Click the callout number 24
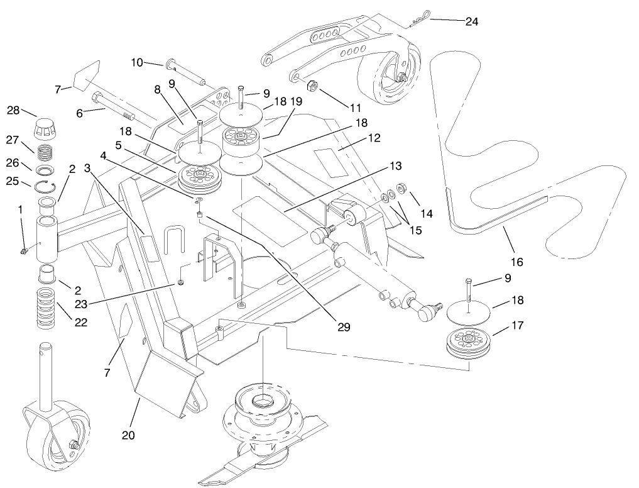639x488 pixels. point(471,21)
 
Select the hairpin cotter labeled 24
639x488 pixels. point(415,21)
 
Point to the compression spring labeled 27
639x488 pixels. point(46,153)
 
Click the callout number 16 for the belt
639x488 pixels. point(517,262)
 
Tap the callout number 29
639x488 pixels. point(342,327)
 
